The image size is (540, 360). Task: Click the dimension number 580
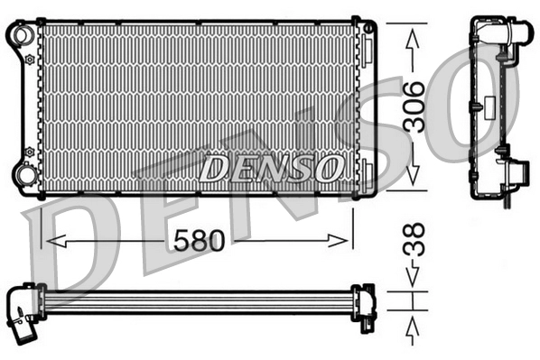click(197, 240)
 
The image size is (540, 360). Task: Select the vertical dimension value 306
click(414, 107)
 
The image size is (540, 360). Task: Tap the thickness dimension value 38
click(413, 242)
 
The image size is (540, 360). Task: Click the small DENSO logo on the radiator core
click(272, 168)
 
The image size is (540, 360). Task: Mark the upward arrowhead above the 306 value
click(414, 37)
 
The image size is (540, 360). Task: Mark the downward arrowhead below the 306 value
click(414, 179)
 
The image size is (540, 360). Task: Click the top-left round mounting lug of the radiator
click(22, 34)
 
